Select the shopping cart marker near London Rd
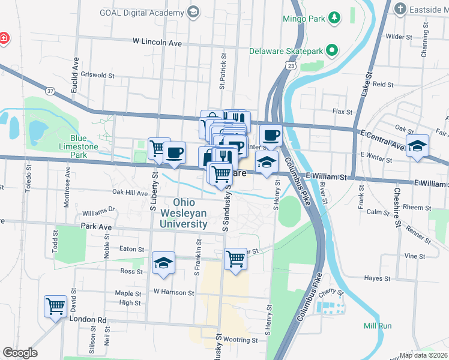click(55, 307)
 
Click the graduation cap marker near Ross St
click(163, 263)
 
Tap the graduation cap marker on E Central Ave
click(417, 146)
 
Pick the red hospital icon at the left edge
click(4, 38)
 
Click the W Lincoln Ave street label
click(157, 43)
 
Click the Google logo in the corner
click(20, 353)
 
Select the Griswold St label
click(100, 76)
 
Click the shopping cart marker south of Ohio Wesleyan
click(236, 259)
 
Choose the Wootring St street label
click(241, 340)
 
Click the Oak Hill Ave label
click(130, 193)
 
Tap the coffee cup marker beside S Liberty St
click(175, 152)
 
